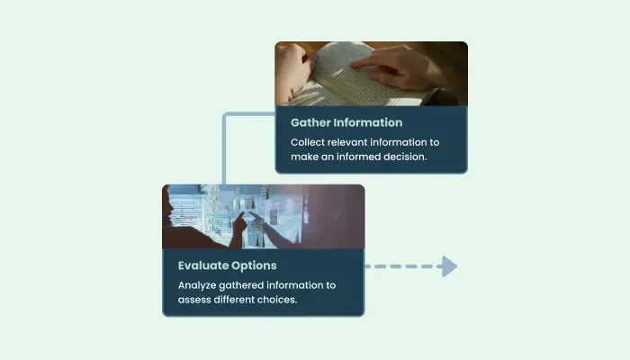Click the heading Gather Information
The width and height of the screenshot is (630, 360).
pos(346,122)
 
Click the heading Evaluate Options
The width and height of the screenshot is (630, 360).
pos(228,265)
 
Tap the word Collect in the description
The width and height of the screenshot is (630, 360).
pos(308,142)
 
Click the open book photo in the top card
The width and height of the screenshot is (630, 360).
pos(371,74)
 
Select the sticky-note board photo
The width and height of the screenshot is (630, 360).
pos(264,217)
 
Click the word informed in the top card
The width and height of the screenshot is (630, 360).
pos(358,157)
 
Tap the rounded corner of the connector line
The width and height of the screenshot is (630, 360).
pos(225,116)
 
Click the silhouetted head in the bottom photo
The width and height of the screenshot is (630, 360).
pos(168,209)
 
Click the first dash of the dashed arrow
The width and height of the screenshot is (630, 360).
pos(367,266)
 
